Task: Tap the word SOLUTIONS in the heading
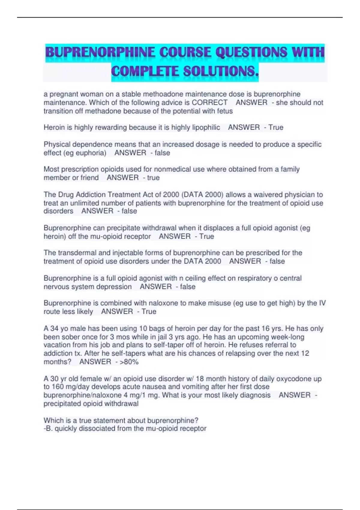[x=220, y=71]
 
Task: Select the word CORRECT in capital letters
[x=209, y=103]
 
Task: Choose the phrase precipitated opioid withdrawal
[x=91, y=404]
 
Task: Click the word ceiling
[x=196, y=278]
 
